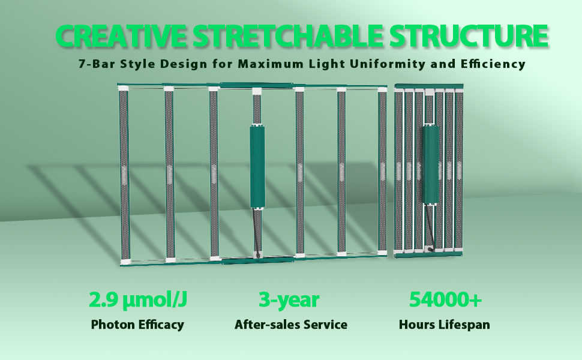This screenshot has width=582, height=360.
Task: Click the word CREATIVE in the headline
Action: tap(121, 35)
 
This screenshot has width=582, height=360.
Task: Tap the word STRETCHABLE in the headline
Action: tap(287, 35)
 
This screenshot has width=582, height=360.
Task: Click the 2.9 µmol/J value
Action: tap(138, 300)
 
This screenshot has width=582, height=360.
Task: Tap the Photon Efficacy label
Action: tap(137, 325)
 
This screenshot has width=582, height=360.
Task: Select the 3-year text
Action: tap(289, 300)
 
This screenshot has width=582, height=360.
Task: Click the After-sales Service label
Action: tap(291, 325)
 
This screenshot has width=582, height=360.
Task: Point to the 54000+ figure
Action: tap(445, 299)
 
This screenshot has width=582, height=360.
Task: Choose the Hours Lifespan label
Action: tap(444, 325)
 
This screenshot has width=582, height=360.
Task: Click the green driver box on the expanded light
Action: tap(257, 167)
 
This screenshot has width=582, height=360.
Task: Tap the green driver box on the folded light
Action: tap(431, 164)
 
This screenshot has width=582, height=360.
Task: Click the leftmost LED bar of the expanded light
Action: tap(124, 175)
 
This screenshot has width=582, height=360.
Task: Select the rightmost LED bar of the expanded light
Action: tap(382, 171)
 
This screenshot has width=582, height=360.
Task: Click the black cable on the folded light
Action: tap(430, 227)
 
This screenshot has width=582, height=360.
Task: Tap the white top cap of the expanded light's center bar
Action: tap(257, 91)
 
